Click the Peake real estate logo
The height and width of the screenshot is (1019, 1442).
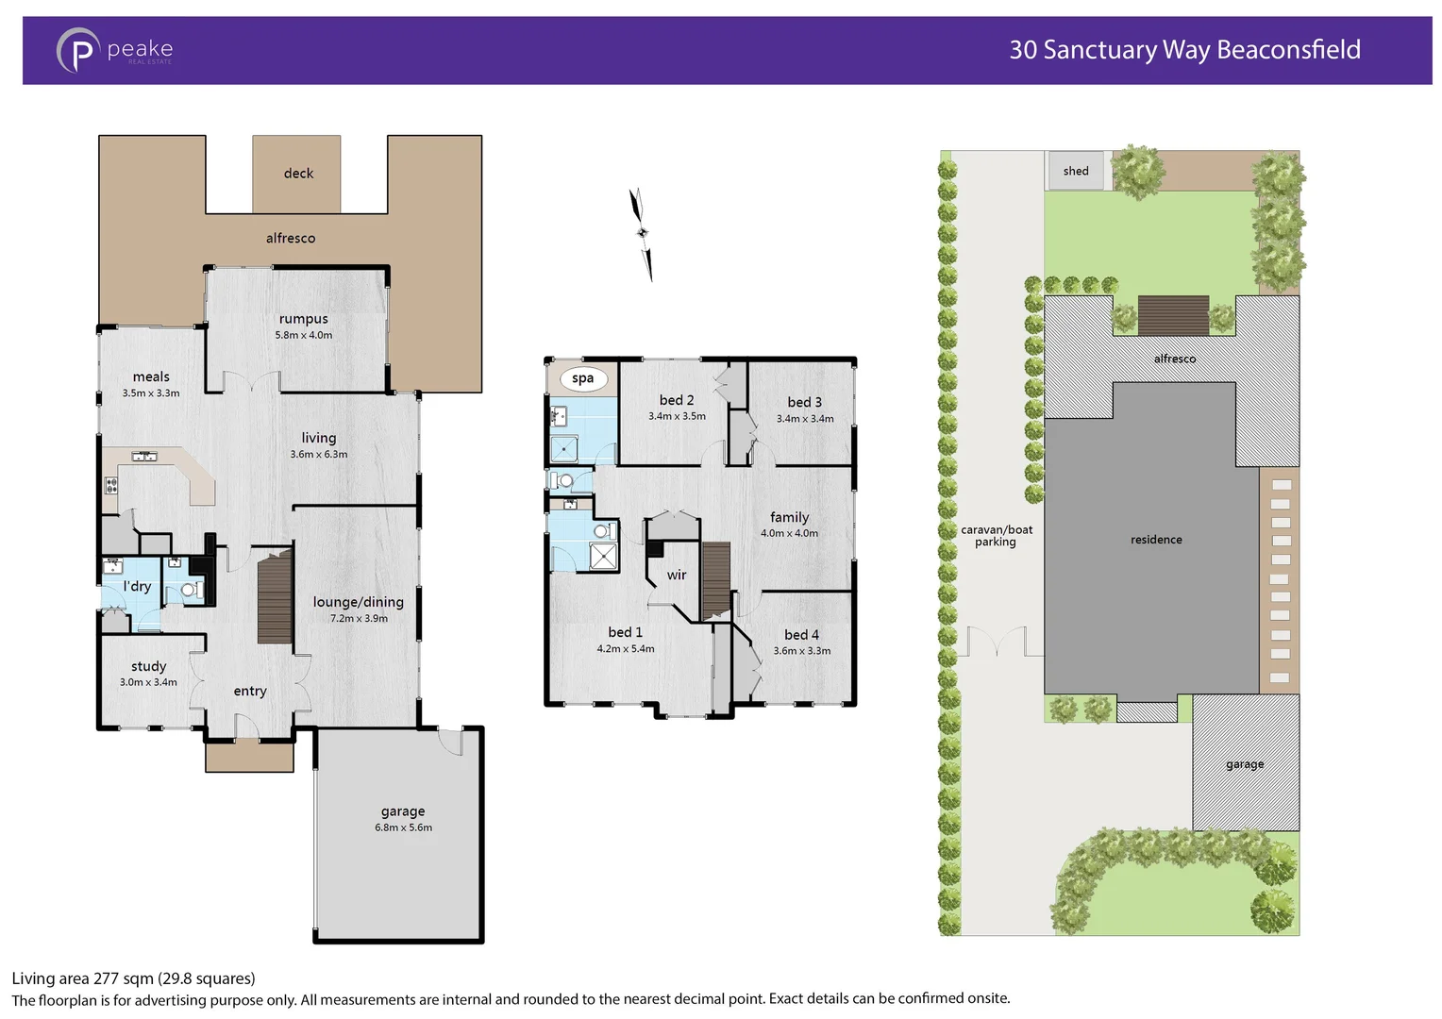coord(114,50)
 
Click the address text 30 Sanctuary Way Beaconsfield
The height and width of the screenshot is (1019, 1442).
coord(1184,50)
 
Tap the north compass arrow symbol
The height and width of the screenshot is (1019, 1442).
coord(642,234)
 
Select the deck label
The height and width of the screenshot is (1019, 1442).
coord(298,174)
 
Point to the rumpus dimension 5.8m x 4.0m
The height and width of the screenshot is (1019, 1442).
coord(304,335)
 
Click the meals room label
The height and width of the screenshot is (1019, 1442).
coord(151,376)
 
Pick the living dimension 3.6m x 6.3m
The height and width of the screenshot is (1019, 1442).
coord(319,455)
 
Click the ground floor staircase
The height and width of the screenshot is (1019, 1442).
coord(275,597)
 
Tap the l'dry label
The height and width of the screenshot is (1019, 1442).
coord(137,586)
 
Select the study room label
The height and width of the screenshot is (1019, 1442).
coord(148,666)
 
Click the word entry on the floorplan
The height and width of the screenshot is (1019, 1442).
coord(250,692)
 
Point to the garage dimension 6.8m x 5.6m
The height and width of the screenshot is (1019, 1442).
coord(403,827)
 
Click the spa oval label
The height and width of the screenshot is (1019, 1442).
coord(582,378)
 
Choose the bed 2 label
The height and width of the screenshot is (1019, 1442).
coord(677,400)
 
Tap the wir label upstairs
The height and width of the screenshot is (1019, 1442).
coord(677,575)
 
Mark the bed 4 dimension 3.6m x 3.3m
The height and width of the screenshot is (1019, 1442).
coord(802,651)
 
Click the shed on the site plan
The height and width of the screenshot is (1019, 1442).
coord(1076,171)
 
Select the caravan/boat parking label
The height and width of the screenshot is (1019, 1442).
coord(996,536)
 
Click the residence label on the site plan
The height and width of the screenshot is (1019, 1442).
coord(1156,540)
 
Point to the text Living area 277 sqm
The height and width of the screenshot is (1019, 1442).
coord(133,978)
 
